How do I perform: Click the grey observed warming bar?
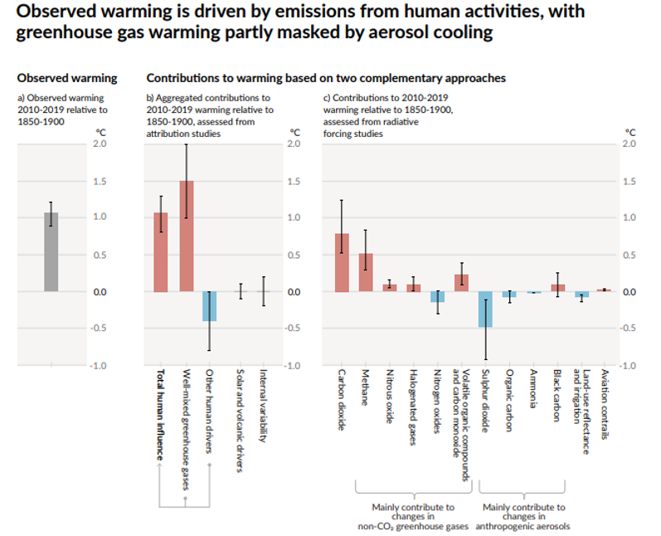click(51, 252)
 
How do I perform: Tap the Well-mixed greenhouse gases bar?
click(187, 236)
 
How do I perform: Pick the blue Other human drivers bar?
click(210, 306)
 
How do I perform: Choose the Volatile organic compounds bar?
click(461, 283)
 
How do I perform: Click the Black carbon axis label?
click(557, 397)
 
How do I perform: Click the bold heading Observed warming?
click(67, 78)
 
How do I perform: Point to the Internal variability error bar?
click(263, 291)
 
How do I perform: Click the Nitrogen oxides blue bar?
click(437, 297)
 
